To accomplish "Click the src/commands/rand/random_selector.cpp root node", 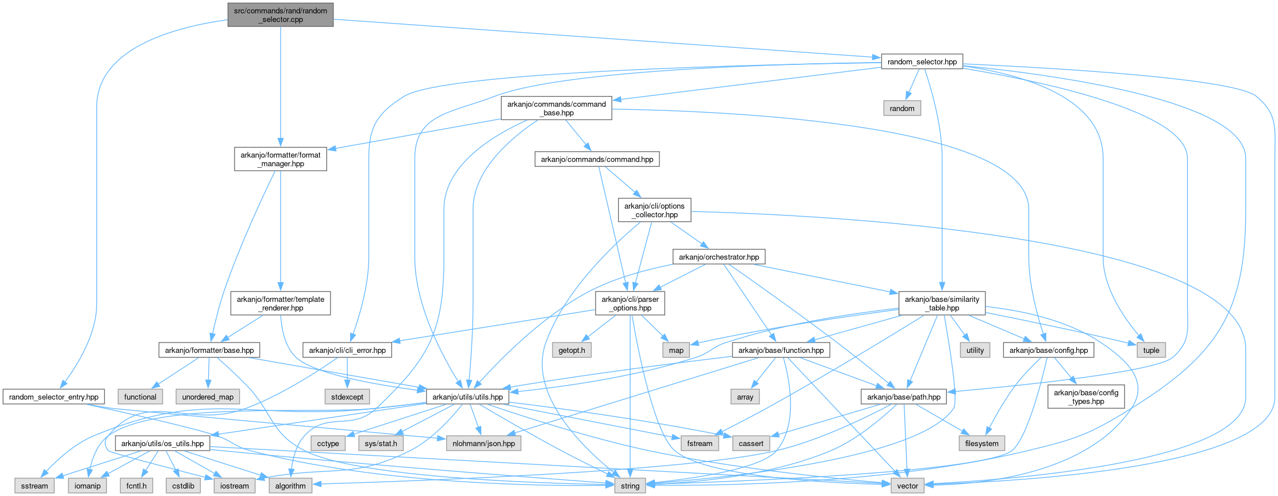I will click(280, 15).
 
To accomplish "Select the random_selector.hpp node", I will click(922, 61).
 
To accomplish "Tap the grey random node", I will click(901, 109).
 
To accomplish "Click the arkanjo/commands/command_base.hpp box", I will click(556, 109).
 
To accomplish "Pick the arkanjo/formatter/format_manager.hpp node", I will click(280, 159).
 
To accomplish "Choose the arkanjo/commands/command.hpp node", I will click(597, 159).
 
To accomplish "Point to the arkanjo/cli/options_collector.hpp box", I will click(654, 210).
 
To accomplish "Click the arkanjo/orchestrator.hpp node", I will click(719, 257).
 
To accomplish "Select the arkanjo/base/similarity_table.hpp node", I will click(942, 303).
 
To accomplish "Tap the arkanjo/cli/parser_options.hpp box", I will click(630, 303).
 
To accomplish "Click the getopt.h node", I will click(571, 350).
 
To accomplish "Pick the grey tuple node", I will click(1151, 350).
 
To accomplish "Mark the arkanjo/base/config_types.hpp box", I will click(1085, 397).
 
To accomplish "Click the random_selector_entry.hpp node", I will click(53, 397).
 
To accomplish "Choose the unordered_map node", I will click(208, 397).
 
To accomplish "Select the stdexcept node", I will click(347, 397).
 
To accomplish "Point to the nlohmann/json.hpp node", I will click(483, 443).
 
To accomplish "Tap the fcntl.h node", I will click(136, 486).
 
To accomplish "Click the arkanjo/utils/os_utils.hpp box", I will click(162, 443).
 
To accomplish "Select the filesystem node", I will click(981, 443).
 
